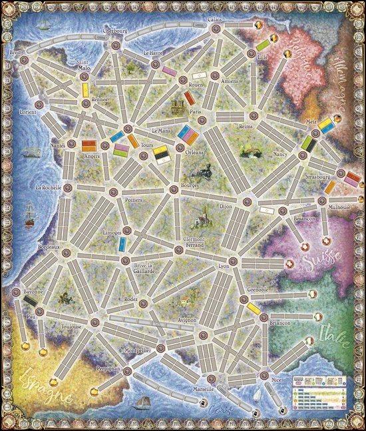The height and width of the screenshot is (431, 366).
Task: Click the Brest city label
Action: [17, 52]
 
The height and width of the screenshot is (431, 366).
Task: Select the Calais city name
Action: [214, 19]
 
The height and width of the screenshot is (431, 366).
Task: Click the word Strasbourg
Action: [317, 178]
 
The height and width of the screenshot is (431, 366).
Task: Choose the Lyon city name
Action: [223, 266]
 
